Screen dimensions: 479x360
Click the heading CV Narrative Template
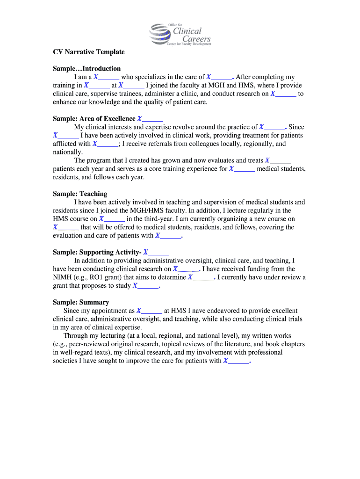coord(89,51)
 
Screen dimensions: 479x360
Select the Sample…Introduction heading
coord(86,68)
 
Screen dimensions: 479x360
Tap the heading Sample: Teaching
coord(80,194)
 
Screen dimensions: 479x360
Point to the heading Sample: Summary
coord(81,302)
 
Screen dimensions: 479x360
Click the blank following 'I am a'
coord(107,77)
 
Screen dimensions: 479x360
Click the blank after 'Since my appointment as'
coord(150,311)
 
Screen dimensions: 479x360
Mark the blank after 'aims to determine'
coord(201,277)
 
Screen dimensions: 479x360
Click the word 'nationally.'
coord(68,152)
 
